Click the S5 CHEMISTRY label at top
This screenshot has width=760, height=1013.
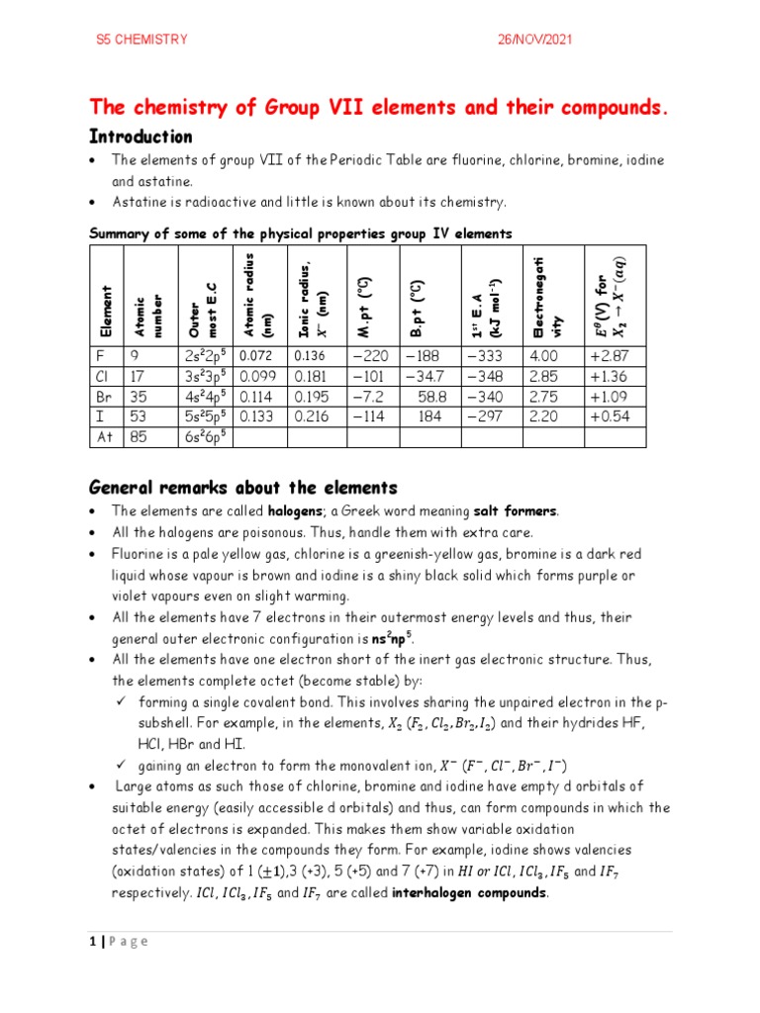[x=141, y=41]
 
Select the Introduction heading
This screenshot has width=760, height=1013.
[x=141, y=137]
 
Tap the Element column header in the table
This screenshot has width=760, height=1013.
[x=105, y=308]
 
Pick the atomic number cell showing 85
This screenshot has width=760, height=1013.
[x=140, y=438]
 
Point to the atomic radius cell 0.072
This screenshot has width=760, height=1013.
[x=252, y=355]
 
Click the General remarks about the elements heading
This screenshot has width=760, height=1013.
[x=243, y=488]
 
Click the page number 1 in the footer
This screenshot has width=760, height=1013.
[x=93, y=941]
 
